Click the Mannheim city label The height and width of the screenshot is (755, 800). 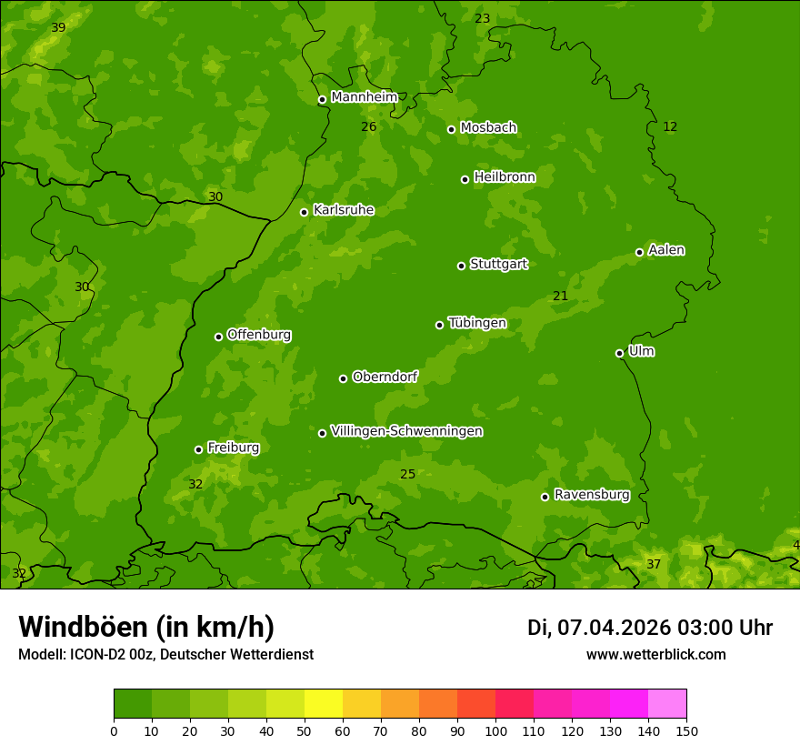(364, 97)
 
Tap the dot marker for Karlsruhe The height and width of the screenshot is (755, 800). (304, 212)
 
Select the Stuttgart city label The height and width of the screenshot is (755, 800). (498, 265)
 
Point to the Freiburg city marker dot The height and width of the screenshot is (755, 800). (198, 449)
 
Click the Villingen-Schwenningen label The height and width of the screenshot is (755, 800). (406, 431)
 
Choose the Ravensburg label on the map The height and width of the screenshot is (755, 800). (591, 495)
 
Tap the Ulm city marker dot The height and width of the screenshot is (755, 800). (619, 353)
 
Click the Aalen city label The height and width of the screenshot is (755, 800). (666, 250)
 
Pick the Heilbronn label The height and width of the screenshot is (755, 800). (505, 177)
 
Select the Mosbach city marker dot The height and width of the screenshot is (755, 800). (451, 129)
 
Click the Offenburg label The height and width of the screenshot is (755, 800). (259, 335)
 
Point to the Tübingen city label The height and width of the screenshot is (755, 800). (477, 323)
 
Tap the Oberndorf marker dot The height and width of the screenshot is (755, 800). (343, 378)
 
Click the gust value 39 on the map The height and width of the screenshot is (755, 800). (58, 28)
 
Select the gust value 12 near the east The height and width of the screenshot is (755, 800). (670, 127)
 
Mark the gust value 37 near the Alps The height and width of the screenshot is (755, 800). (654, 565)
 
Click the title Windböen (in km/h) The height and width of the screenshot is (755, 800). (146, 627)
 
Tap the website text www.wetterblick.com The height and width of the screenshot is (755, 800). (655, 655)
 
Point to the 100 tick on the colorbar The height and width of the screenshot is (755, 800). (495, 730)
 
